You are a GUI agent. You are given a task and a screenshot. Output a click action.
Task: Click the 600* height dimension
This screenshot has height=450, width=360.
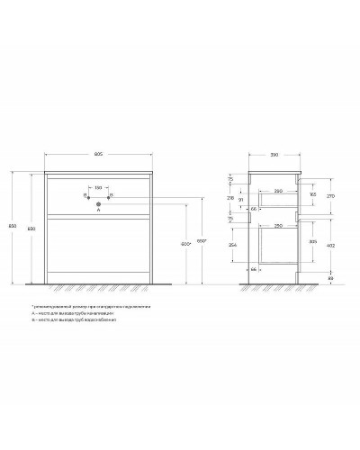pos(184,245)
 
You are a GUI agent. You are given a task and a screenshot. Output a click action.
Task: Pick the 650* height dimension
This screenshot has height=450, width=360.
pos(203,241)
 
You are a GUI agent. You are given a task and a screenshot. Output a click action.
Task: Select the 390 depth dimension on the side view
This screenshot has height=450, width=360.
pos(274,155)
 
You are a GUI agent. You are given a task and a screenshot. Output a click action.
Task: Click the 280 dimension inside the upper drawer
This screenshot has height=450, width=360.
pos(280,191)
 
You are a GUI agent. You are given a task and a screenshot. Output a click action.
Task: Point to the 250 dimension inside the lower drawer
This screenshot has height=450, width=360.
pos(280,224)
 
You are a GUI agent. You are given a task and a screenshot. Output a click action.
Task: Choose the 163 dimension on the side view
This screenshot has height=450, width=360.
pos(312,194)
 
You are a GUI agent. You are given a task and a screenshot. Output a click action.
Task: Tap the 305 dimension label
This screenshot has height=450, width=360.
pos(312,241)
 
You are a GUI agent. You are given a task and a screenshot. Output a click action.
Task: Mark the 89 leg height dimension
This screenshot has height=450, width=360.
pos(331,280)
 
